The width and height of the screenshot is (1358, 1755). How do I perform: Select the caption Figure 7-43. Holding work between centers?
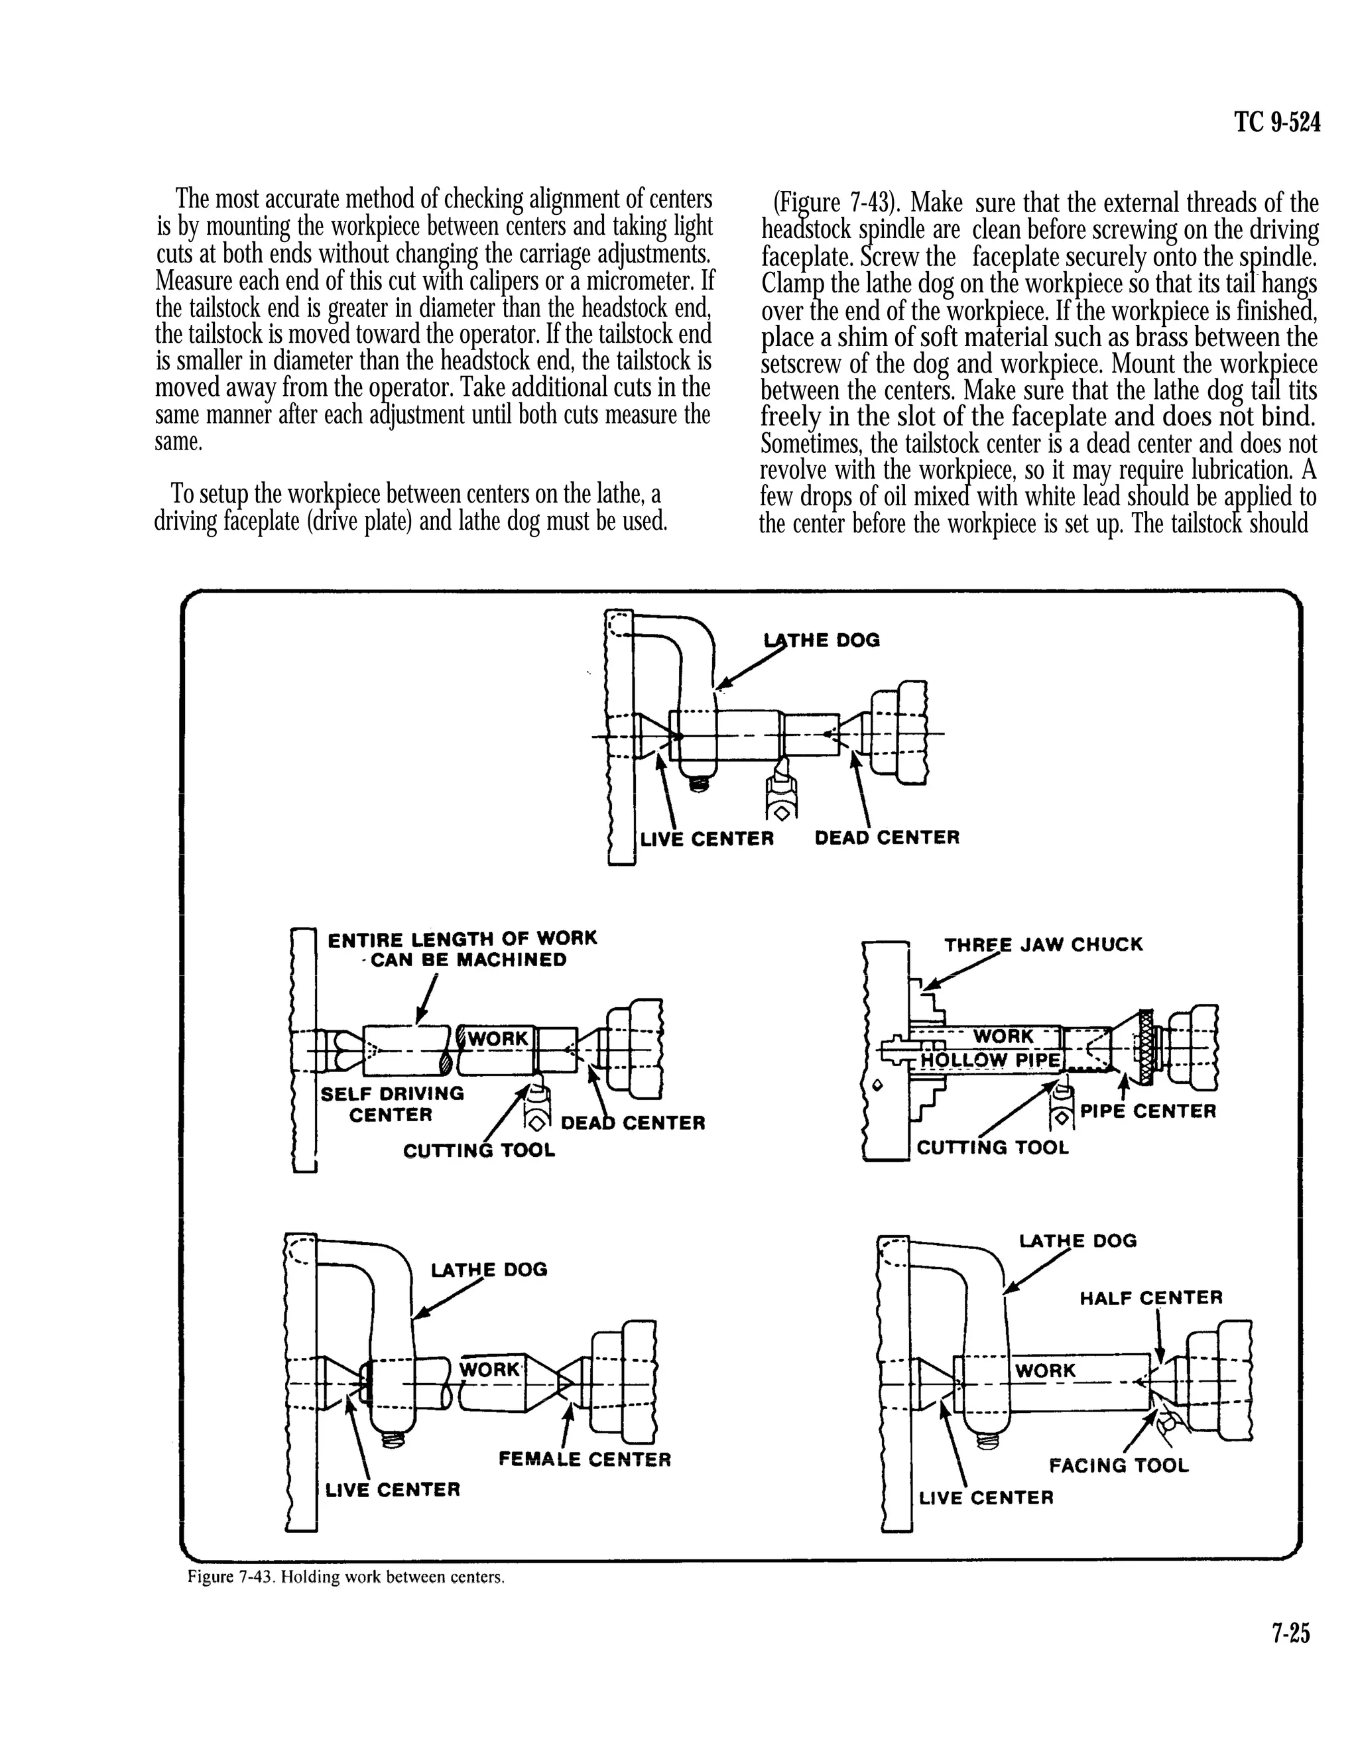click(x=346, y=1577)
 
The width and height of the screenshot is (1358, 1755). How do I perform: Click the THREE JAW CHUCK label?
click(x=1042, y=944)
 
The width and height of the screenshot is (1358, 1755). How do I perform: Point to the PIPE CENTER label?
click(x=1147, y=1111)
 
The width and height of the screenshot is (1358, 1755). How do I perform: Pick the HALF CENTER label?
click(x=1150, y=1298)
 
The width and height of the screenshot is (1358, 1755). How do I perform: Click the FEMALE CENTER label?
click(x=584, y=1459)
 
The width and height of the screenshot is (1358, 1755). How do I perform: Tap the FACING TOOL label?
click(x=1118, y=1466)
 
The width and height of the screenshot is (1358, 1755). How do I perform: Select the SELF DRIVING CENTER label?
click(x=391, y=1104)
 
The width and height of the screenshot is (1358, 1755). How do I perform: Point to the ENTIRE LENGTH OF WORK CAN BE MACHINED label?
click(x=462, y=949)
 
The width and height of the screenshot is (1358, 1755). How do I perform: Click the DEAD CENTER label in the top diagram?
click(x=887, y=838)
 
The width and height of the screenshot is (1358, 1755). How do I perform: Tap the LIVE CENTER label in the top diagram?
click(x=706, y=839)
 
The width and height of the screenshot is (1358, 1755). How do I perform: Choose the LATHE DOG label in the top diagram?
click(x=821, y=640)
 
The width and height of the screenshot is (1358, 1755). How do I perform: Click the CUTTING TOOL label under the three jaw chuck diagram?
click(x=993, y=1148)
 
